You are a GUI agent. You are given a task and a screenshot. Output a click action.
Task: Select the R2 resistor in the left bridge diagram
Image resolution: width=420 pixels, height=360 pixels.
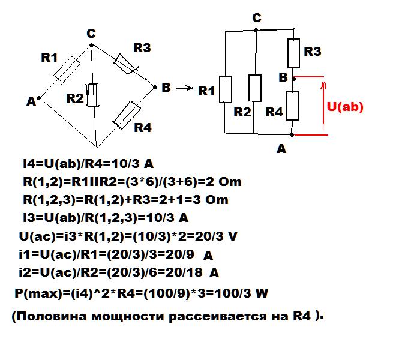coord(92,95)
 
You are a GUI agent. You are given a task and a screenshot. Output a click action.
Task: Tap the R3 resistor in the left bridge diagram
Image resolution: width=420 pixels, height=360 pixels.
coord(127,62)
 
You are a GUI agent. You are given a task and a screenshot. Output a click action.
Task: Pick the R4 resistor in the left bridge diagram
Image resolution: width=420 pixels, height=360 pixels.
coord(126,115)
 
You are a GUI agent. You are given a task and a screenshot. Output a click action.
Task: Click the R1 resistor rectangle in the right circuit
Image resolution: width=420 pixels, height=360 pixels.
coord(225,89)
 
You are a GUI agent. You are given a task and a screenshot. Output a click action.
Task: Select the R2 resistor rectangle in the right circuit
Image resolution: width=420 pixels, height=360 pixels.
coord(255,88)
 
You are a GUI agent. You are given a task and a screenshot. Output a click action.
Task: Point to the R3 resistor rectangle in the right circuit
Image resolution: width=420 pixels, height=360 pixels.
coord(293,53)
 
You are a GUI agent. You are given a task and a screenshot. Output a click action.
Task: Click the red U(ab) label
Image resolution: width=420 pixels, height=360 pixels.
coord(345,107)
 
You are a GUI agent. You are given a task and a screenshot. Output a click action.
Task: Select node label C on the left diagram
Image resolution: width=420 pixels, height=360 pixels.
coord(91,34)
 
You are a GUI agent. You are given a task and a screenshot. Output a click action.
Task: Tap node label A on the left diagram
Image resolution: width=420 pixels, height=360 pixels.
coord(31,102)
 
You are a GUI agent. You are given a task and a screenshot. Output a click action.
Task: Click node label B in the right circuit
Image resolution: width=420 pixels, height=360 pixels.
coord(283,77)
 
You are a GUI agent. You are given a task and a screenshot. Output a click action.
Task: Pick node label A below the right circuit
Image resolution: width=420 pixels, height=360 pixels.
coord(281,149)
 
